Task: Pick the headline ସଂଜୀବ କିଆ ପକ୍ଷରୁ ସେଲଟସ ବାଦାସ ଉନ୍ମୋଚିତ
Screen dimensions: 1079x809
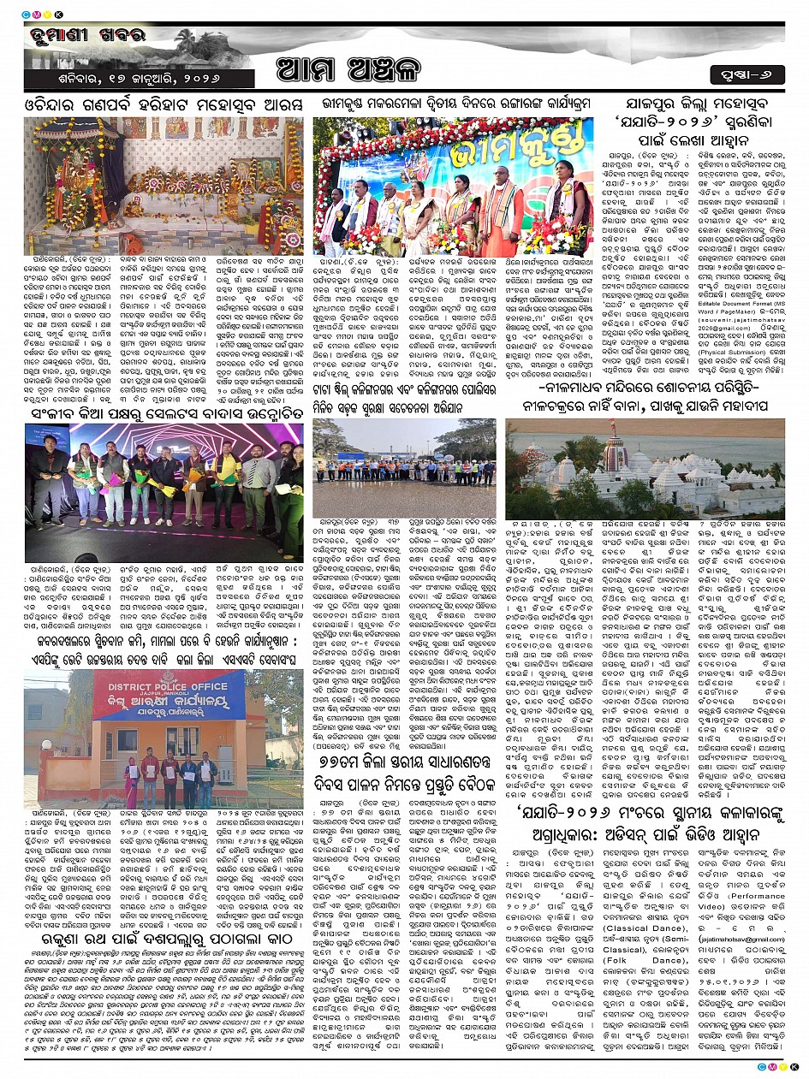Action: point(163,415)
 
